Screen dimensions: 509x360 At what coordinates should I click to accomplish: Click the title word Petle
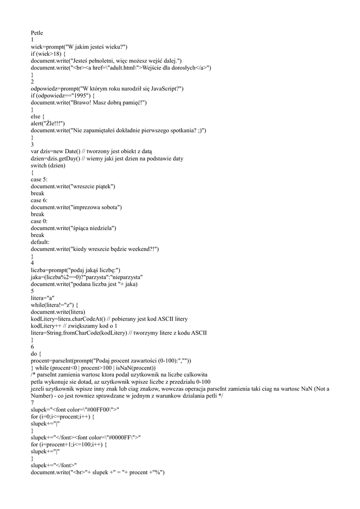[37, 33]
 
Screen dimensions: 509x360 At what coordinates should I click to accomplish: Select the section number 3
[32, 144]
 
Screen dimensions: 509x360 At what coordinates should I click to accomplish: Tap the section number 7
[32, 402]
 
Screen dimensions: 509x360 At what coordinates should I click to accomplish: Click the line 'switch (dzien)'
[48, 165]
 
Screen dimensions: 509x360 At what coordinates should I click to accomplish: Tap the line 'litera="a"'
[43, 297]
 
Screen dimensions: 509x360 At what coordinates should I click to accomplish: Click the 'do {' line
[36, 353]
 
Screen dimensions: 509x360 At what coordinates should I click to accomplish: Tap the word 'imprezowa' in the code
[87, 207]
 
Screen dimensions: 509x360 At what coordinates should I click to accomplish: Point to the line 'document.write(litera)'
[58, 311]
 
